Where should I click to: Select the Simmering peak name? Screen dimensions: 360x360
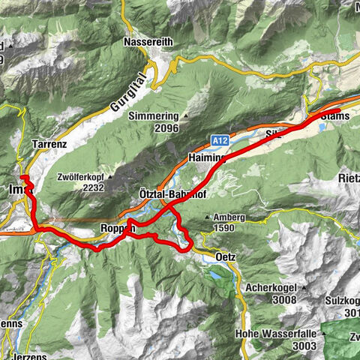tap(152, 116)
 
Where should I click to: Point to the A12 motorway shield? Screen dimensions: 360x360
tap(219, 139)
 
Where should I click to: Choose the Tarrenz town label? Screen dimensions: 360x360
tap(50, 142)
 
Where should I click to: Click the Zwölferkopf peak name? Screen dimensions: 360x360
tap(81, 179)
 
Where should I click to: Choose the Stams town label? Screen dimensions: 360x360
tap(334, 116)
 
